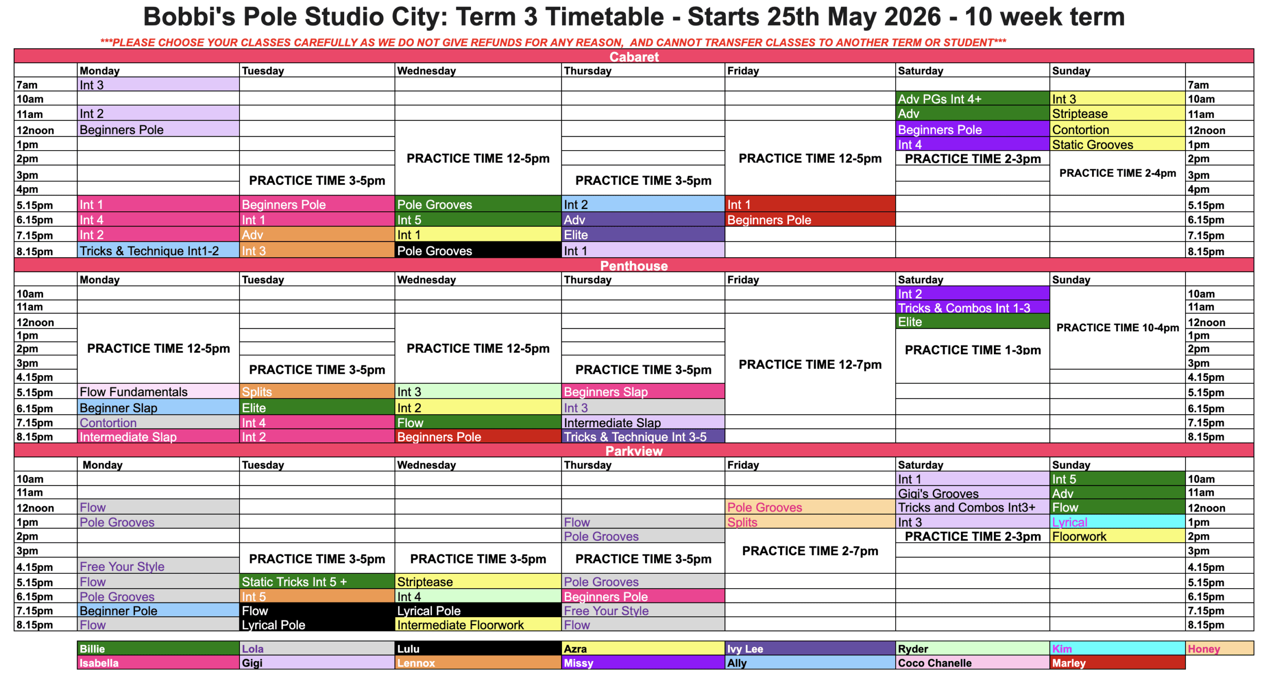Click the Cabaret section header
[633, 56]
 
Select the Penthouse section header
[633, 265]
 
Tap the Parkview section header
[633, 450]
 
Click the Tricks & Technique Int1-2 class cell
[158, 250]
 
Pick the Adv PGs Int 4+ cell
[972, 99]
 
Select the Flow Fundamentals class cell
[158, 391]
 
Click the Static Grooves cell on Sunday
[1117, 144]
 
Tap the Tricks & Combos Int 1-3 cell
[972, 307]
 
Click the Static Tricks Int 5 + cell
[317, 581]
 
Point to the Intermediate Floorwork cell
[478, 624]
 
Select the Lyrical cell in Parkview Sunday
[1117, 521]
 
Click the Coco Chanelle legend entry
[972, 662]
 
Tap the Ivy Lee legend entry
[810, 648]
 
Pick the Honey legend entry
[1219, 648]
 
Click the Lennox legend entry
[478, 662]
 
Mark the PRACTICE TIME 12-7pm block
[810, 364]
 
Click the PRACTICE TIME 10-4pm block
[1117, 327]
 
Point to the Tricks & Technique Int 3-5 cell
[643, 436]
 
